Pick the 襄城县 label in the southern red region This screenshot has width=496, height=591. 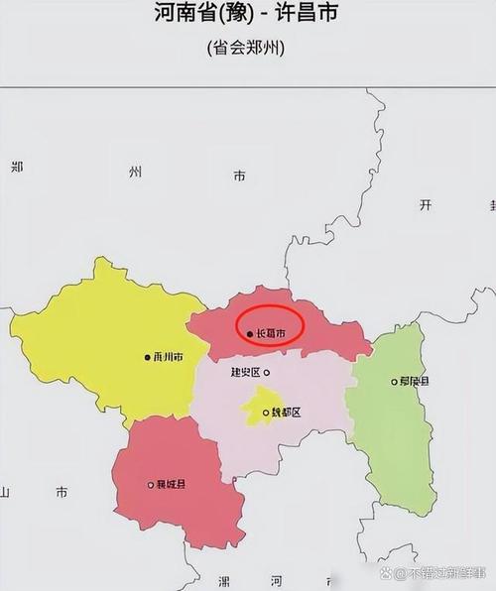pos(171,485)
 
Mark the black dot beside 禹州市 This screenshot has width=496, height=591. pos(146,357)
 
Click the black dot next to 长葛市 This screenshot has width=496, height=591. pos(249,335)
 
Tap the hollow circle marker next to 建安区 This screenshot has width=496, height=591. pos(266,373)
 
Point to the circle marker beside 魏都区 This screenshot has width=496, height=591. pos(265,413)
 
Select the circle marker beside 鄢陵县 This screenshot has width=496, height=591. pos(394,381)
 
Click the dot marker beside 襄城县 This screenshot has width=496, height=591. pos(150,485)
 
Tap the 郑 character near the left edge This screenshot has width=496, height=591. pos(17,167)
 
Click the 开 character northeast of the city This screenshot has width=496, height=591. pos(427,204)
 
